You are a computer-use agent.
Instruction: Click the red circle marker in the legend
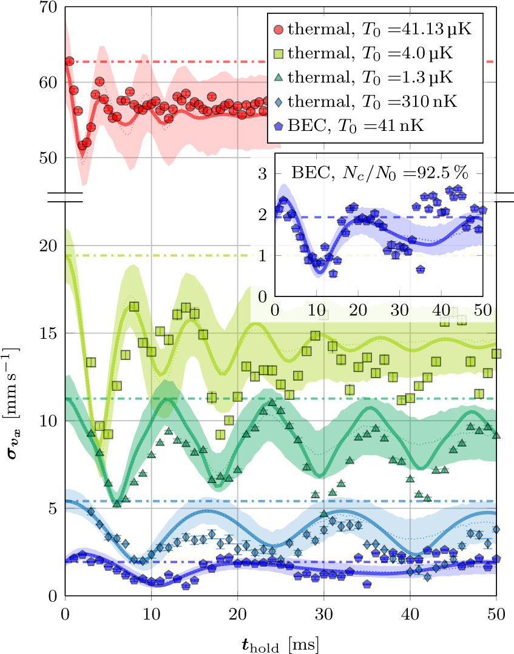coord(279,28)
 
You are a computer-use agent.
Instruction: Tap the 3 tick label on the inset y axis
coord(263,174)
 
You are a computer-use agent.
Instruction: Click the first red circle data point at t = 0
coord(69,61)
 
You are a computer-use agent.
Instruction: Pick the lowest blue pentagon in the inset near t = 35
coord(420,269)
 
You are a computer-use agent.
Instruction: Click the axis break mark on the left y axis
coord(65,197)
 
